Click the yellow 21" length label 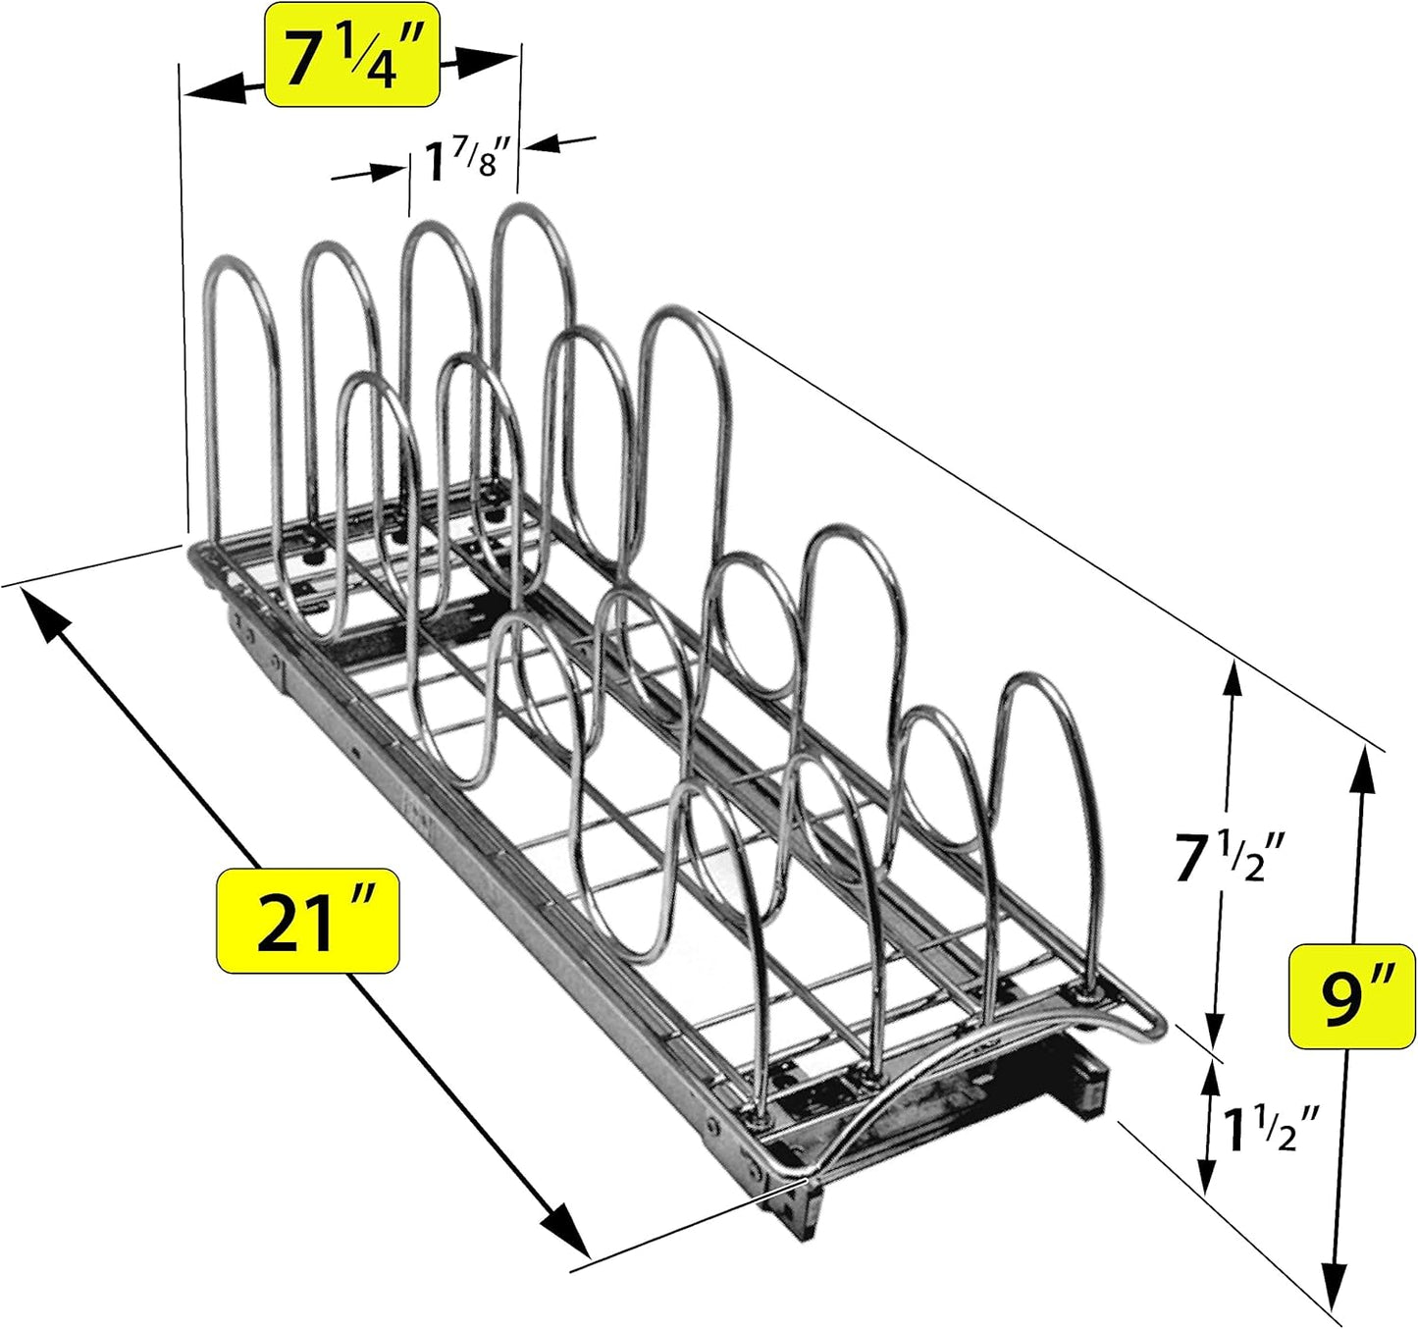point(307,921)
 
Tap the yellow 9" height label point(1351,997)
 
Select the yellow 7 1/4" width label point(351,57)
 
